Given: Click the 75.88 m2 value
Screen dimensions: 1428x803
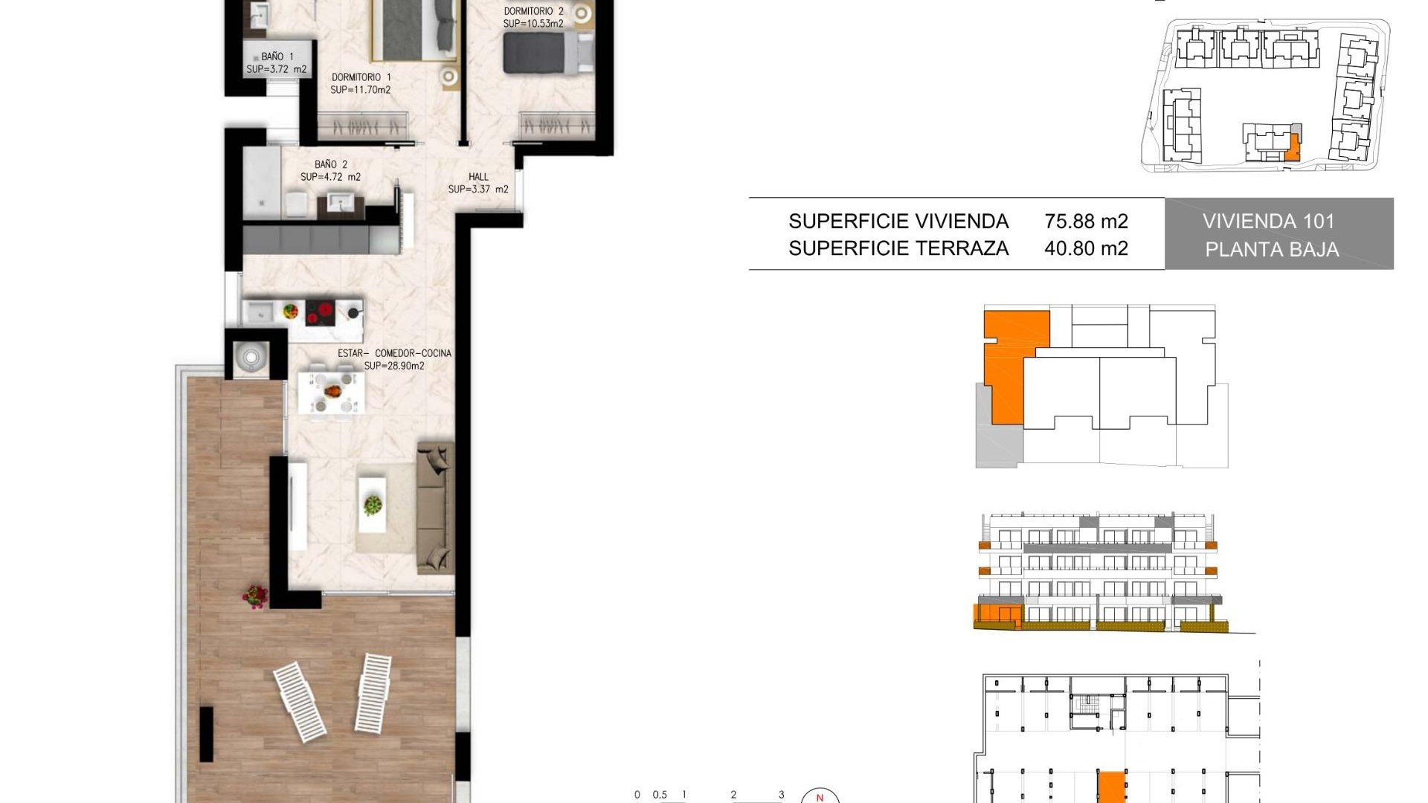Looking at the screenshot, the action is tap(1086, 222).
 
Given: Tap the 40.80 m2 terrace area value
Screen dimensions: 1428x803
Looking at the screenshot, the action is tap(1086, 248).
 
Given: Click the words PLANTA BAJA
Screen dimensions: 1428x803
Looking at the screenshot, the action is tap(1272, 250).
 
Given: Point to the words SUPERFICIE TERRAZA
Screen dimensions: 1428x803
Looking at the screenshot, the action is tap(898, 248).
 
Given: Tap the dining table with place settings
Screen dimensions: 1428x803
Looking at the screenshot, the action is tap(332, 392).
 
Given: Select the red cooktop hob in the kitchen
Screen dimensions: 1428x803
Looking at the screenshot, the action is tap(321, 312).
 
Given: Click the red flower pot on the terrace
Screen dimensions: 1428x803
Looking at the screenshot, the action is tap(255, 596).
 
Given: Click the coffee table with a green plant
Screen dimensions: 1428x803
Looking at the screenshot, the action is tap(372, 505).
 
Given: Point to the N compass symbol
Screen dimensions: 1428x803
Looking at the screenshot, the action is tap(820, 797).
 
